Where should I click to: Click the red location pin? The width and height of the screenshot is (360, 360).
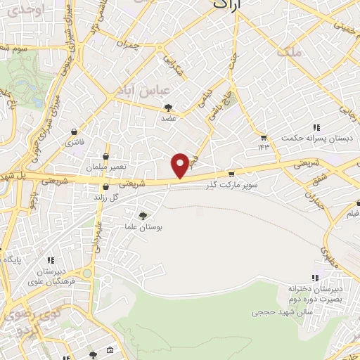coord(181,165)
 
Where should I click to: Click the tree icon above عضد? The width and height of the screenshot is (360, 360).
coord(168,108)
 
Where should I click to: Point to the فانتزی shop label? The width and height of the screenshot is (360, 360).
coord(75,142)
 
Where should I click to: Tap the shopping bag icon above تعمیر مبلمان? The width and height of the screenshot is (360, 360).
coord(105,157)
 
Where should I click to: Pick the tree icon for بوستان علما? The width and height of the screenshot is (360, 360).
coord(143,216)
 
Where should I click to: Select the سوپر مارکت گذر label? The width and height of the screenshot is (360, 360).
coord(232,186)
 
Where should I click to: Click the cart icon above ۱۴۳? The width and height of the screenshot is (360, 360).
coord(263,137)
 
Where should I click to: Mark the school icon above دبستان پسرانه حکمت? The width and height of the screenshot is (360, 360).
coord(316,127)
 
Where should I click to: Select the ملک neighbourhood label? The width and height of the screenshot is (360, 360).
coord(288,52)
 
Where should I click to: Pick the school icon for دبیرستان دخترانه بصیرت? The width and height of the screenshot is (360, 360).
coord(316,278)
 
